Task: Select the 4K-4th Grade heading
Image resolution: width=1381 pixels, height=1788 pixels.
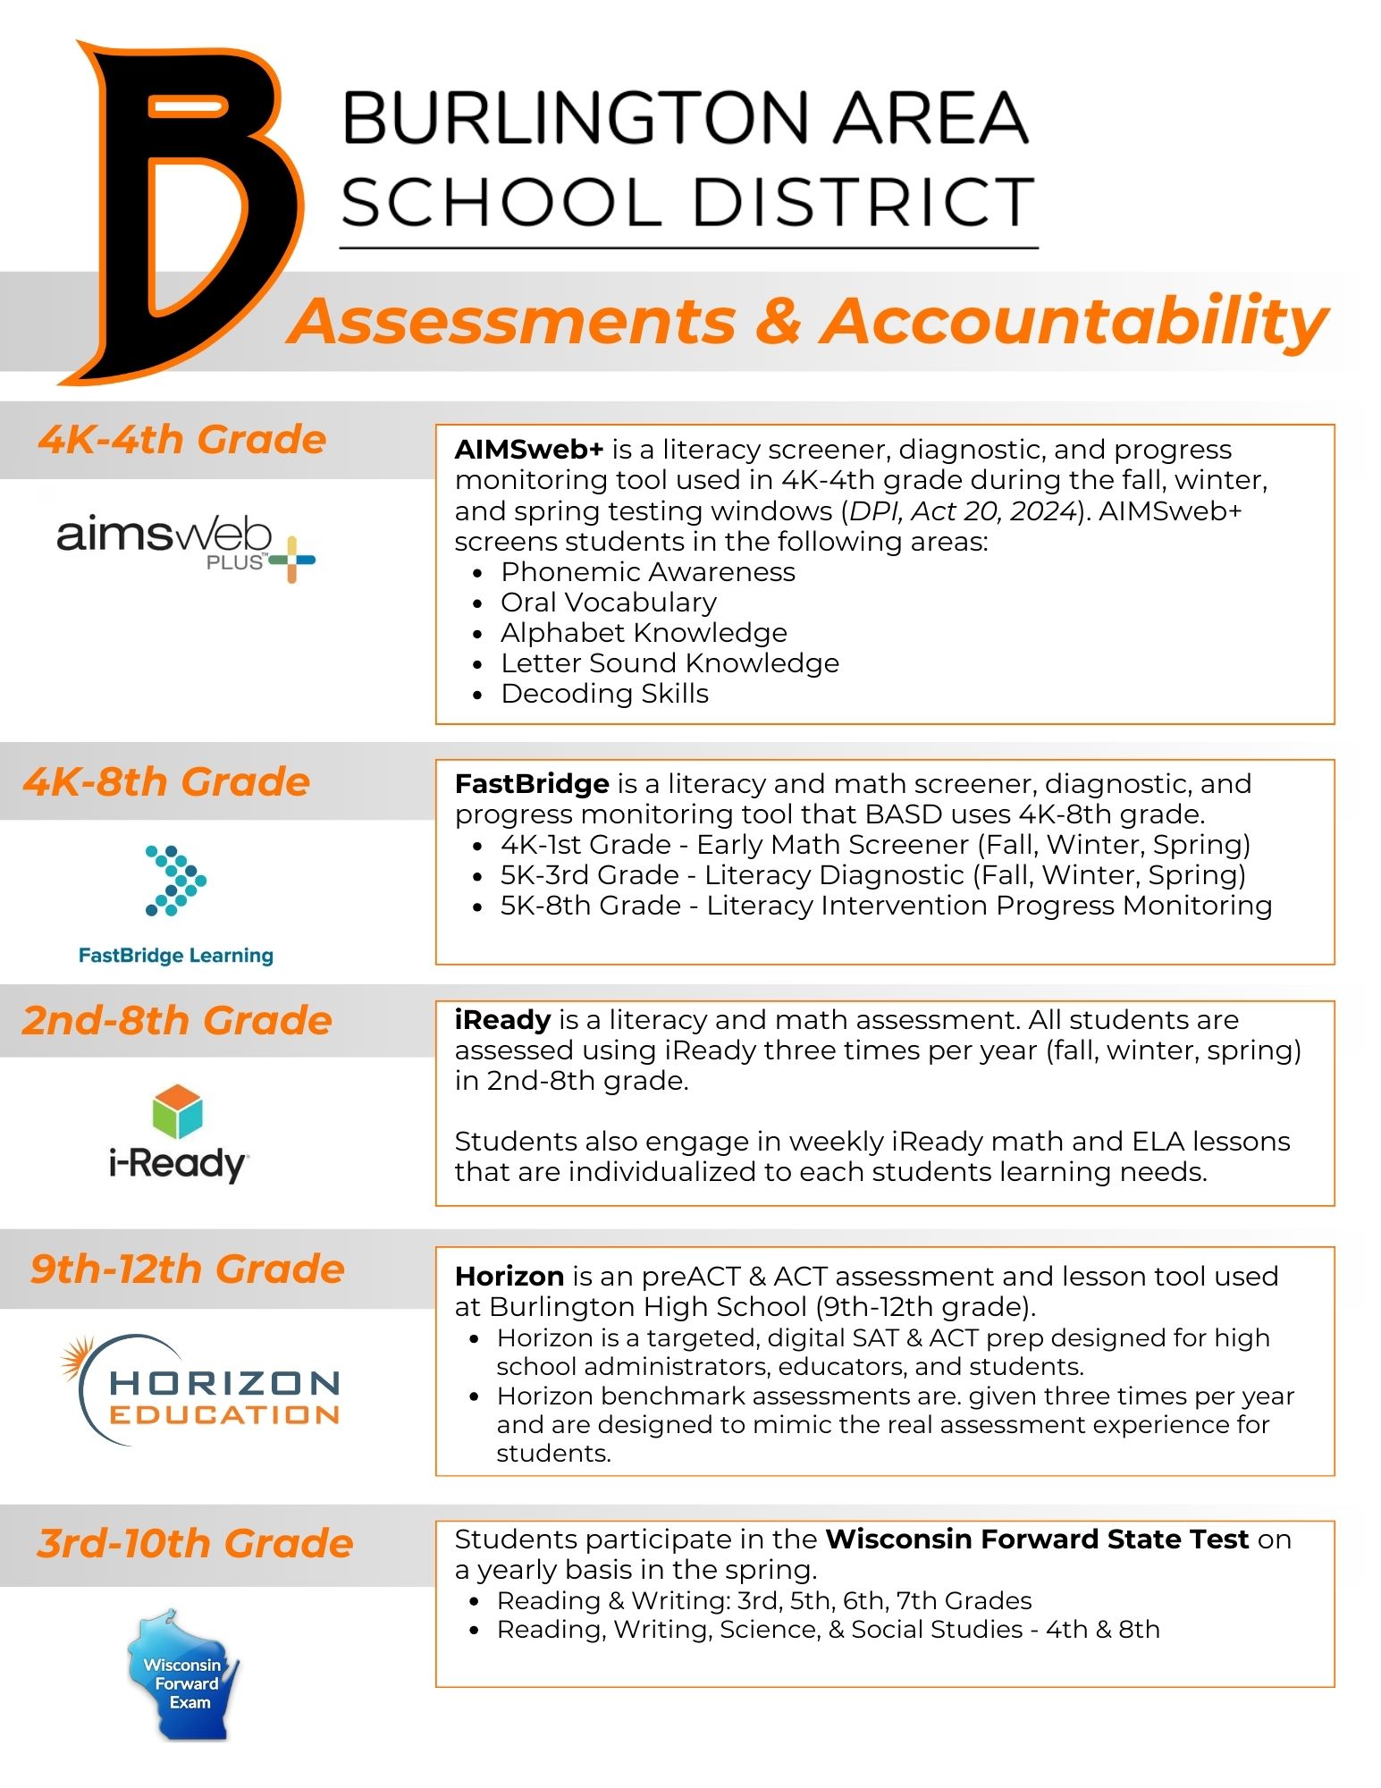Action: coord(182,440)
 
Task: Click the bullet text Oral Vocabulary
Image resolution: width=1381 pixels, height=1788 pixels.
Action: coord(608,603)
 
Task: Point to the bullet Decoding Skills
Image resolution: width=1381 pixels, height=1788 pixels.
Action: coord(604,694)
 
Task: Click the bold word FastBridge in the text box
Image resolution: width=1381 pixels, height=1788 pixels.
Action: coord(531,784)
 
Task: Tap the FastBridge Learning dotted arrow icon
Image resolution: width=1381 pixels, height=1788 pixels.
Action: coord(175,880)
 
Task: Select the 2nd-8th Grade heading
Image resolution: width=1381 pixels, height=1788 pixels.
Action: coord(177,1021)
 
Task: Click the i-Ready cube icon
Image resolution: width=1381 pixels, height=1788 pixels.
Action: coord(177,1111)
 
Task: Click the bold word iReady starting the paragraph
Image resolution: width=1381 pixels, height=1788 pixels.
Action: coord(502,1020)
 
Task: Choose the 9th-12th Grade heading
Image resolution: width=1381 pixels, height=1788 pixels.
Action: coord(188,1269)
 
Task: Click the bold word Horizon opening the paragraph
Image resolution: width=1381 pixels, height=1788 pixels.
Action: coord(509,1277)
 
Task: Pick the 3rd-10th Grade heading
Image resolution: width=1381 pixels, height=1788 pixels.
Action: coord(195,1544)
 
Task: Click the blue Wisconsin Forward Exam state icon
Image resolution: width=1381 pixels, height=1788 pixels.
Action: coord(183,1675)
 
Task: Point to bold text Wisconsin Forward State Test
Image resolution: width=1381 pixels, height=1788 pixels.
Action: coord(1036,1539)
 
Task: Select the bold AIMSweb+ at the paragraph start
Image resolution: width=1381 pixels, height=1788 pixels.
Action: coord(528,450)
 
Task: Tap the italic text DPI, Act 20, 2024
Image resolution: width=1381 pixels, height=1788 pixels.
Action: coord(963,511)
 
